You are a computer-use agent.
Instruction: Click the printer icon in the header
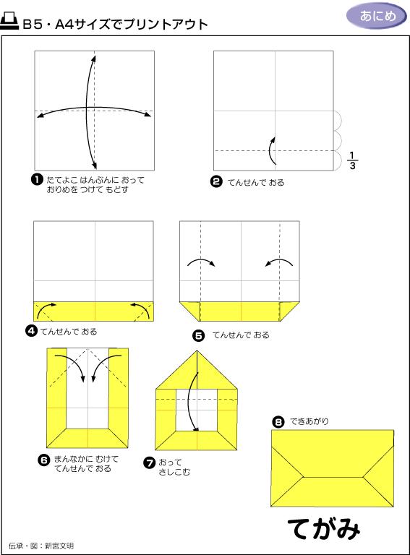(x=10, y=22)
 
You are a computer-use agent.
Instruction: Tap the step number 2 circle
(x=215, y=182)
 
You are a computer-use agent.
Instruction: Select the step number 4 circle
(x=32, y=331)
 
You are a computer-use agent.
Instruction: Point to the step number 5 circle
(x=198, y=335)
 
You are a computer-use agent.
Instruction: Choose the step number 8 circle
(x=278, y=421)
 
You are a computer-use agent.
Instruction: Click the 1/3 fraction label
(x=352, y=160)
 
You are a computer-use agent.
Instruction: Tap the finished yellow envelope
(x=332, y=468)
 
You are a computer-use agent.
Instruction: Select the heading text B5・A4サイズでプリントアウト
(x=115, y=24)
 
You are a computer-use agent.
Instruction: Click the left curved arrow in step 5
(x=201, y=262)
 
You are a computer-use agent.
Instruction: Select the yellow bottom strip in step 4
(x=93, y=311)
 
